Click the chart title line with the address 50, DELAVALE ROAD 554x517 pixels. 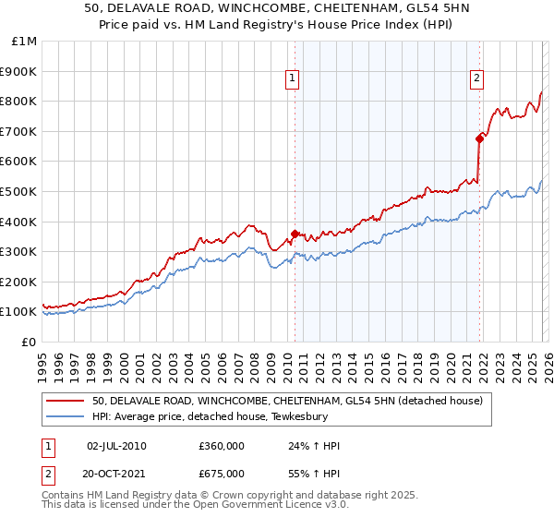[276, 9]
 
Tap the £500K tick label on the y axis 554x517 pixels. [18, 191]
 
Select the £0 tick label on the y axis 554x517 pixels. [30, 342]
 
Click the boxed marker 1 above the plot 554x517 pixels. [292, 79]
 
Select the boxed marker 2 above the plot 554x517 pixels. [476, 79]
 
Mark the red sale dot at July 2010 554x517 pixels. [295, 234]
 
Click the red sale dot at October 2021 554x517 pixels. [479, 138]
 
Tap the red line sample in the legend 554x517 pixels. [66, 401]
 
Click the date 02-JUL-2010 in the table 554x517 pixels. [115, 446]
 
